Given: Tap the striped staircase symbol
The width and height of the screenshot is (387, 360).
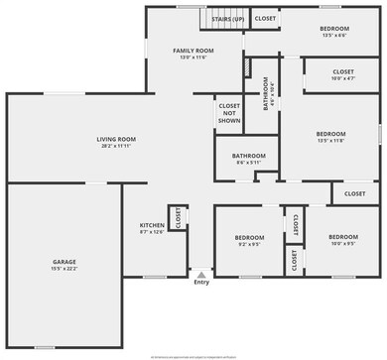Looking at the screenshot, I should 218,19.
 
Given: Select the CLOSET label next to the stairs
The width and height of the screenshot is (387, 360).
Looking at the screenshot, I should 265,18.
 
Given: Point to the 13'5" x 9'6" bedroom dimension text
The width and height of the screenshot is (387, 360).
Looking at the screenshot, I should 333,35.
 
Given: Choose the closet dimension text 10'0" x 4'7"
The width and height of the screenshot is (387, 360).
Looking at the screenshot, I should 342,77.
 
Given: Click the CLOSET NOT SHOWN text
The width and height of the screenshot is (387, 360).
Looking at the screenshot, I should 229,111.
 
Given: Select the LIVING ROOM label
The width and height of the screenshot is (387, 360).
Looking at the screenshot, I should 116,139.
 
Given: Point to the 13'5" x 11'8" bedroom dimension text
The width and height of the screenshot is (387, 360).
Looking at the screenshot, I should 330,140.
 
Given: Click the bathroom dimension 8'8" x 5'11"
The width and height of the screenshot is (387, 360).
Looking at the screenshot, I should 249,162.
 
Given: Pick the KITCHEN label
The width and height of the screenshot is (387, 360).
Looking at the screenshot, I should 152,225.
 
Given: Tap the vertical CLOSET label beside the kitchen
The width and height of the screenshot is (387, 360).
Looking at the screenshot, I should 179,218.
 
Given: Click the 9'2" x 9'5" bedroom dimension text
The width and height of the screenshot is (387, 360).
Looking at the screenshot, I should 249,243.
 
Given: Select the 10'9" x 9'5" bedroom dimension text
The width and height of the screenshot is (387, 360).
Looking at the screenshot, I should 343,243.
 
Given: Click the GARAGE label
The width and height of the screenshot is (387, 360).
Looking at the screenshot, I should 64,261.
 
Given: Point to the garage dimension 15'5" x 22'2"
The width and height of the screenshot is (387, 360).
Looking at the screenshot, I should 64,268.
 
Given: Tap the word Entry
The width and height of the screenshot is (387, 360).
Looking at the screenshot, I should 201,283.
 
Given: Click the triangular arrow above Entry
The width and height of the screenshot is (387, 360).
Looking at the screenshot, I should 201,274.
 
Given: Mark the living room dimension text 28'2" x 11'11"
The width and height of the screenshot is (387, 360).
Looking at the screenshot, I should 116,146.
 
